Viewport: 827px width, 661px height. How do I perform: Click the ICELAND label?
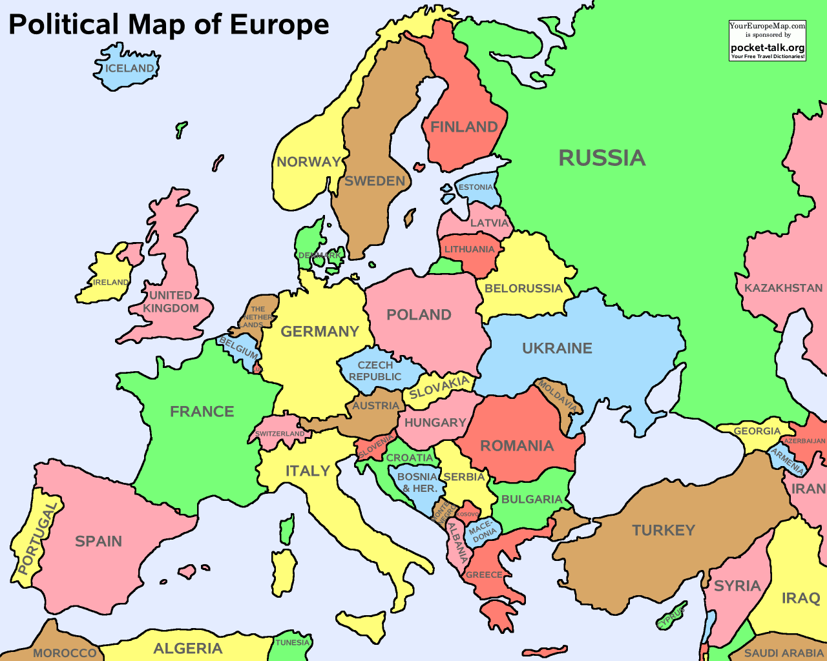pos(130,68)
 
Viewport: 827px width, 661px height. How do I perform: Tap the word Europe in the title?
pos(279,25)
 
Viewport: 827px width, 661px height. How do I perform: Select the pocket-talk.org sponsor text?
pos(768,48)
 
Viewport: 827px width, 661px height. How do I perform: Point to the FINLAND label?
pos(464,127)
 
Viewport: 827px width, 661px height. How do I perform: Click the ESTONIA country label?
pos(476,187)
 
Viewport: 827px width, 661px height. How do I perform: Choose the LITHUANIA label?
pos(469,249)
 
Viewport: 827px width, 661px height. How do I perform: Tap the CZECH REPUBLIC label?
pos(375,371)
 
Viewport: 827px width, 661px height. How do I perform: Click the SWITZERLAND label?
pos(280,434)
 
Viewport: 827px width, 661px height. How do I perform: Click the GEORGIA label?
pos(757,431)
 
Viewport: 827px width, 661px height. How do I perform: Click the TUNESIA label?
pos(292,642)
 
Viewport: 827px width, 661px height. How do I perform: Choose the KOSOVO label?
pos(468,514)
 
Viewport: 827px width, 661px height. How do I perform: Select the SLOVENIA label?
pos(375,446)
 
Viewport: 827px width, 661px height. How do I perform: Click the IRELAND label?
pos(110,282)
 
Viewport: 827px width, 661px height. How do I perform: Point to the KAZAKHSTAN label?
pos(783,288)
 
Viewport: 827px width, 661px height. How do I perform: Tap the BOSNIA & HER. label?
pos(417,483)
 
